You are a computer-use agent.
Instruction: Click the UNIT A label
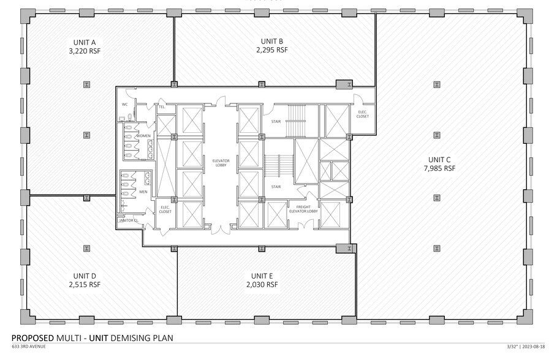click(85, 42)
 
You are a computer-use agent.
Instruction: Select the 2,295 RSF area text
click(271, 50)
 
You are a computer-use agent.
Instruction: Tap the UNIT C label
click(439, 159)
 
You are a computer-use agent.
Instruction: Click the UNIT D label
click(85, 276)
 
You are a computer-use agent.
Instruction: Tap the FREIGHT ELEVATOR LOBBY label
click(303, 209)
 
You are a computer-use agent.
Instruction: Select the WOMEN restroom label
click(143, 135)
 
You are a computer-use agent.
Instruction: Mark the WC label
click(124, 104)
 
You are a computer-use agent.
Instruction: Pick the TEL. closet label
click(162, 107)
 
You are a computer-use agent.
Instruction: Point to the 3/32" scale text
click(512, 347)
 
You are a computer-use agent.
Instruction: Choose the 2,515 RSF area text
click(85, 284)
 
